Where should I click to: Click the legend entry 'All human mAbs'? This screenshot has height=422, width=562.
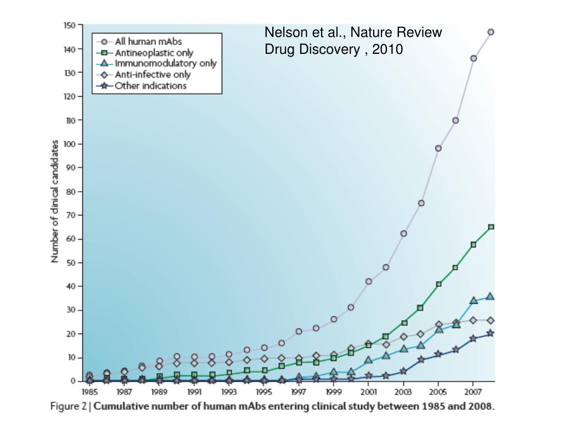tap(148, 41)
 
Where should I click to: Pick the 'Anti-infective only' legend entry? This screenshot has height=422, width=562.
tap(153, 74)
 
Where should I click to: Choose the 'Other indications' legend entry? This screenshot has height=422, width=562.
tap(150, 86)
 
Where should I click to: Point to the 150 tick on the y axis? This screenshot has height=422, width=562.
tap(69, 25)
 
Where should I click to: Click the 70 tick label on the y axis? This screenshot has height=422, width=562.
tap(71, 215)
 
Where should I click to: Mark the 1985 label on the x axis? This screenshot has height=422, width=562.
tap(89, 393)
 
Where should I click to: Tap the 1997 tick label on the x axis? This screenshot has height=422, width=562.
tap(298, 393)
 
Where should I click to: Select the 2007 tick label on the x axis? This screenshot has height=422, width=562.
tap(473, 393)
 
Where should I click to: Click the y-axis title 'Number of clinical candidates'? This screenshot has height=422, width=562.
tap(55, 201)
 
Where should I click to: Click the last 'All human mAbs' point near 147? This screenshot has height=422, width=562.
tap(491, 32)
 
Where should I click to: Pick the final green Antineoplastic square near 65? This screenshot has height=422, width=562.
tap(491, 226)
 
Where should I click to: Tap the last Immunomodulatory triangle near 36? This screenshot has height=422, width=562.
tap(491, 296)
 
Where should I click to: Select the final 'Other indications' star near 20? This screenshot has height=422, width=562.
tap(491, 333)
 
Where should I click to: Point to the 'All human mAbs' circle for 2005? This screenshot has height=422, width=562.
tap(438, 148)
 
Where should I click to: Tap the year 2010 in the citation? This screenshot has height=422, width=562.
tap(387, 49)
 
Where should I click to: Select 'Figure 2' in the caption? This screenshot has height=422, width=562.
tap(69, 407)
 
